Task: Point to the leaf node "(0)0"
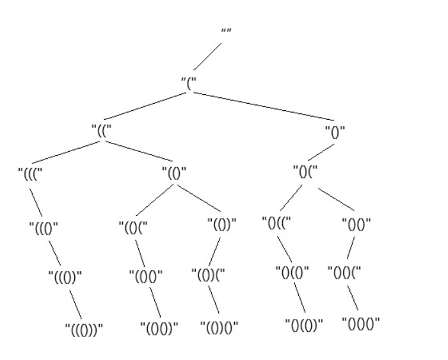[218, 329]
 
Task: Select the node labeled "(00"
[146, 277]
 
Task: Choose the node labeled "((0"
[44, 226]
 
